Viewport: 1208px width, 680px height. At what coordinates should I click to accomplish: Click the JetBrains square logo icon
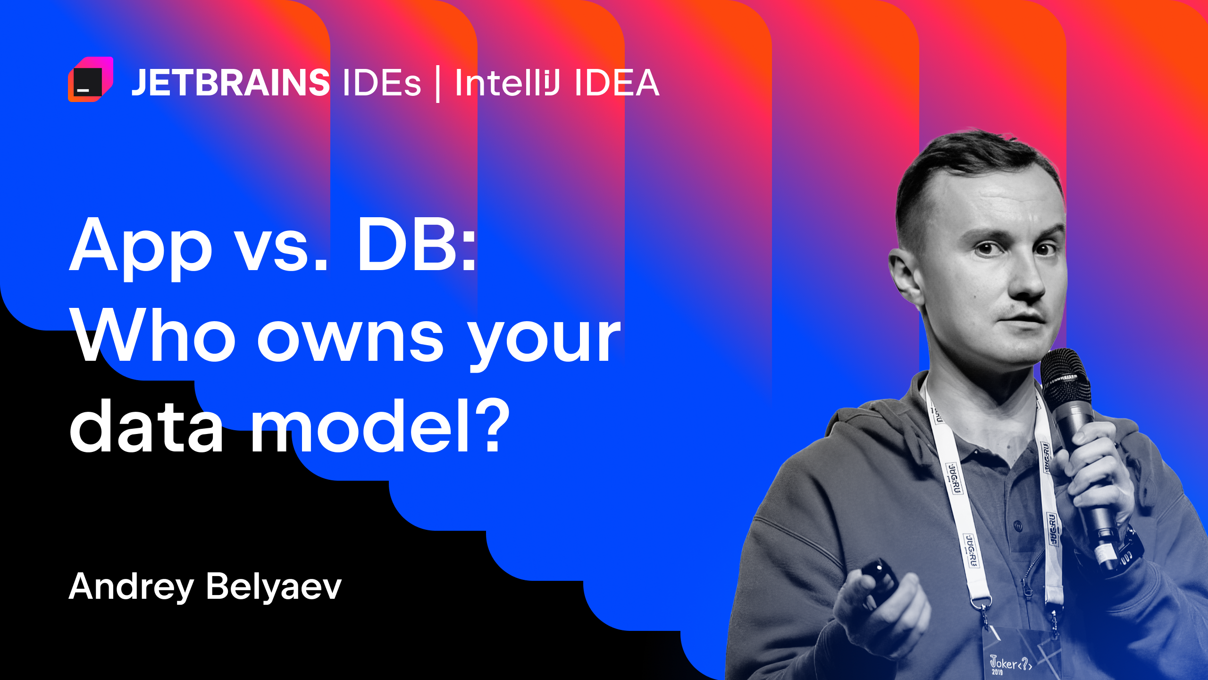tap(90, 79)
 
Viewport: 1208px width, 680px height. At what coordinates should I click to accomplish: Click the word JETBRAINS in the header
tap(230, 83)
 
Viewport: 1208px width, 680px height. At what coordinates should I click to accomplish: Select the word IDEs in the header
tap(381, 83)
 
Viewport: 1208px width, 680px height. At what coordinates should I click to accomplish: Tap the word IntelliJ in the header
tap(507, 83)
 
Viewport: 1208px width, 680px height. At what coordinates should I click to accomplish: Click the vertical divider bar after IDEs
tap(438, 84)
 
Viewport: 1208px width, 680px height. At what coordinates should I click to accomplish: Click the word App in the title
tap(141, 248)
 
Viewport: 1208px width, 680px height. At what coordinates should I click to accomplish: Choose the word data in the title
tap(146, 427)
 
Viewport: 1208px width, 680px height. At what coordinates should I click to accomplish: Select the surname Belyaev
tap(274, 586)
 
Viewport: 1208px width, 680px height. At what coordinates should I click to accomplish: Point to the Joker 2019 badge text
tap(1010, 664)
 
